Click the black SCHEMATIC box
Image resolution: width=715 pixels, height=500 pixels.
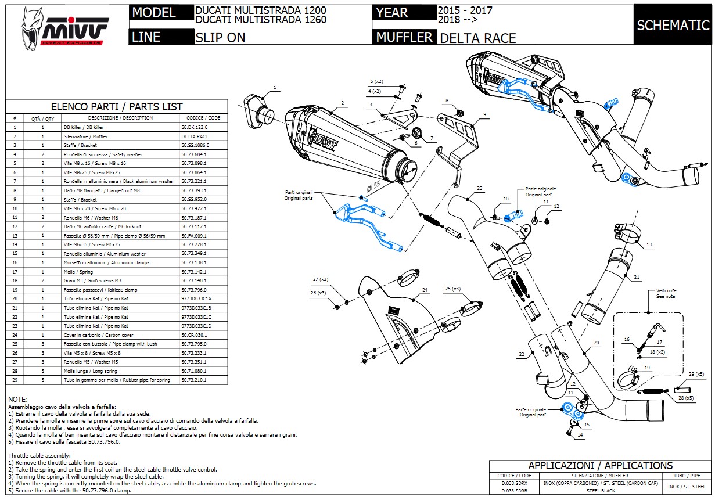pyautogui.click(x=673, y=25)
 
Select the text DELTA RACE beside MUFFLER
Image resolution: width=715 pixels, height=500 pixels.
pyautogui.click(x=478, y=38)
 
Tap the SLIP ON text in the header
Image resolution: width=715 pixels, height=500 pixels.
pyautogui.click(x=220, y=38)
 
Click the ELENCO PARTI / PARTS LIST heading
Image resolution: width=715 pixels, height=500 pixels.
pyautogui.click(x=117, y=107)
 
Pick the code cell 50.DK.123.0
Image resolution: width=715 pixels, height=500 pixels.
pyautogui.click(x=194, y=127)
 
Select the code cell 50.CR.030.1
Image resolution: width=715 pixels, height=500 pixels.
pyautogui.click(x=194, y=335)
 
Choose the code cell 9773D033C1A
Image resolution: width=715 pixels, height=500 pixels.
pyautogui.click(x=196, y=298)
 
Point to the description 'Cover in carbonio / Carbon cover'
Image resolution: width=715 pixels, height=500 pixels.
pyautogui.click(x=98, y=335)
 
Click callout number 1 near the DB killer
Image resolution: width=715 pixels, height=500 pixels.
pyautogui.click(x=275, y=88)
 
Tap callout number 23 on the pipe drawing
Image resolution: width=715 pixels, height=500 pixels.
pyautogui.click(x=480, y=188)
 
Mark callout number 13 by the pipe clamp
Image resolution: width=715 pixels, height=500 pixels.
pyautogui.click(x=649, y=244)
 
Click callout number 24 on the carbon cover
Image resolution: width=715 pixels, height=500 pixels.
pyautogui.click(x=425, y=289)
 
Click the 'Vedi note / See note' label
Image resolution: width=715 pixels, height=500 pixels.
pyautogui.click(x=650, y=294)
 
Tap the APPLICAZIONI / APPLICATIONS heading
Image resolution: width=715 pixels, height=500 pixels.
pyautogui.click(x=600, y=466)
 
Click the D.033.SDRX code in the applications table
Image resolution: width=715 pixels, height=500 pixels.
pyautogui.click(x=514, y=483)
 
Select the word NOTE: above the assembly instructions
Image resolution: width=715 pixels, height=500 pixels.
pyautogui.click(x=17, y=400)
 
